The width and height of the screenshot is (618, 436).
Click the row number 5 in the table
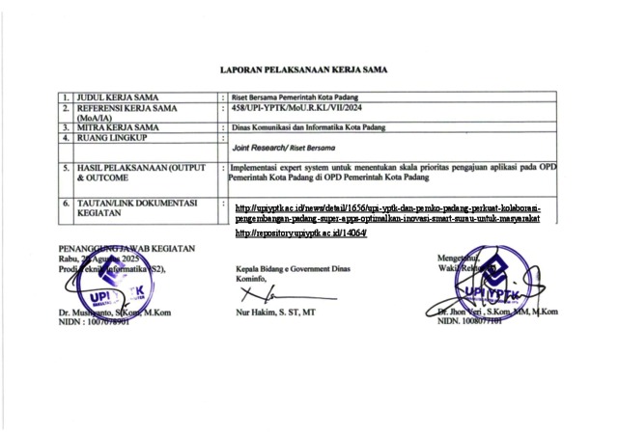point(65,168)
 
